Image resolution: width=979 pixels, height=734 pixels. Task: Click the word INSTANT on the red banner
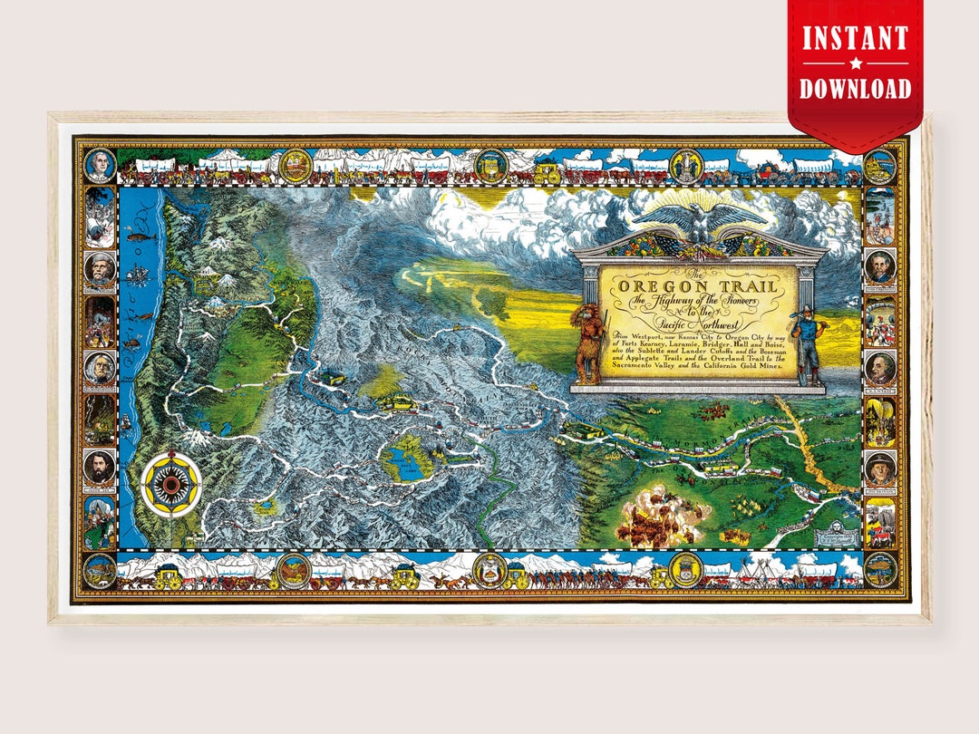pos(855,39)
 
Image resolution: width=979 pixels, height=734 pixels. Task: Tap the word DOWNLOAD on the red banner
pos(855,88)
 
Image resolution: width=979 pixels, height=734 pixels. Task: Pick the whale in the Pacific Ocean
pos(142,237)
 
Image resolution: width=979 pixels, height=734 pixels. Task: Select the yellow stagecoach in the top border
pos(548,169)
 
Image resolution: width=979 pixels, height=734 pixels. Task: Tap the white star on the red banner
pos(855,63)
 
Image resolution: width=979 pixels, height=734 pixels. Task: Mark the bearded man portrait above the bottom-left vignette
pos(99,467)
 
